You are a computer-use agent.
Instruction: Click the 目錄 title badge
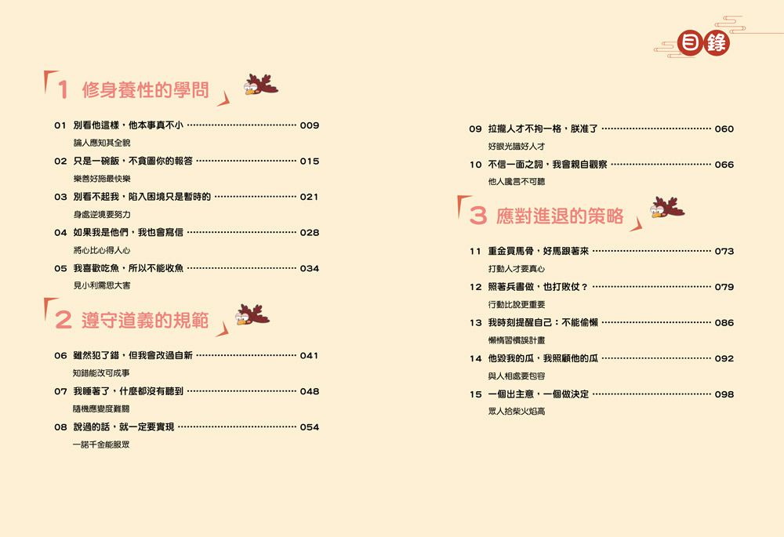pyautogui.click(x=703, y=42)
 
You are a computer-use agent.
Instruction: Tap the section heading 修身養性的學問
pyautogui.click(x=146, y=90)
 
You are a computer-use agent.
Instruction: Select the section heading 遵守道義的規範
pyautogui.click(x=145, y=320)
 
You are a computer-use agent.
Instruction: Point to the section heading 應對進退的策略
pyautogui.click(x=560, y=216)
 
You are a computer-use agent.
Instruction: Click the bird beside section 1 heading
pyautogui.click(x=260, y=85)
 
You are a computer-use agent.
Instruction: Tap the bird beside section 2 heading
pyautogui.click(x=252, y=314)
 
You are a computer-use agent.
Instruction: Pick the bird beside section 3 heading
pyautogui.click(x=667, y=207)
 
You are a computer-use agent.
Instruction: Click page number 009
pyautogui.click(x=310, y=125)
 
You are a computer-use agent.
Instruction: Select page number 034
pyautogui.click(x=310, y=268)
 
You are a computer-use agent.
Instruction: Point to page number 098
pyautogui.click(x=724, y=394)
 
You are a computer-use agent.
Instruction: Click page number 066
pyautogui.click(x=724, y=165)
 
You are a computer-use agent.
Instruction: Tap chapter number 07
pyautogui.click(x=60, y=391)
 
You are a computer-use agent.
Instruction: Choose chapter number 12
pyautogui.click(x=476, y=287)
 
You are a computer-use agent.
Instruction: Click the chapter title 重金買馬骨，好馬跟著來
pyautogui.click(x=539, y=251)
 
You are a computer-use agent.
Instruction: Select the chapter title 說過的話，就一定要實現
pyautogui.click(x=124, y=427)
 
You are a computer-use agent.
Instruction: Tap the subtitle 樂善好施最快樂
pyautogui.click(x=102, y=179)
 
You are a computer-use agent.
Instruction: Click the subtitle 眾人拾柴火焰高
pyautogui.click(x=517, y=412)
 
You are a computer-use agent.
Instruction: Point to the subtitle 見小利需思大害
pyautogui.click(x=102, y=285)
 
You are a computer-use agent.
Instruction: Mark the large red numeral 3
pyautogui.click(x=478, y=216)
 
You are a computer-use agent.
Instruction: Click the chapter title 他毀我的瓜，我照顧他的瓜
pyautogui.click(x=543, y=358)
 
